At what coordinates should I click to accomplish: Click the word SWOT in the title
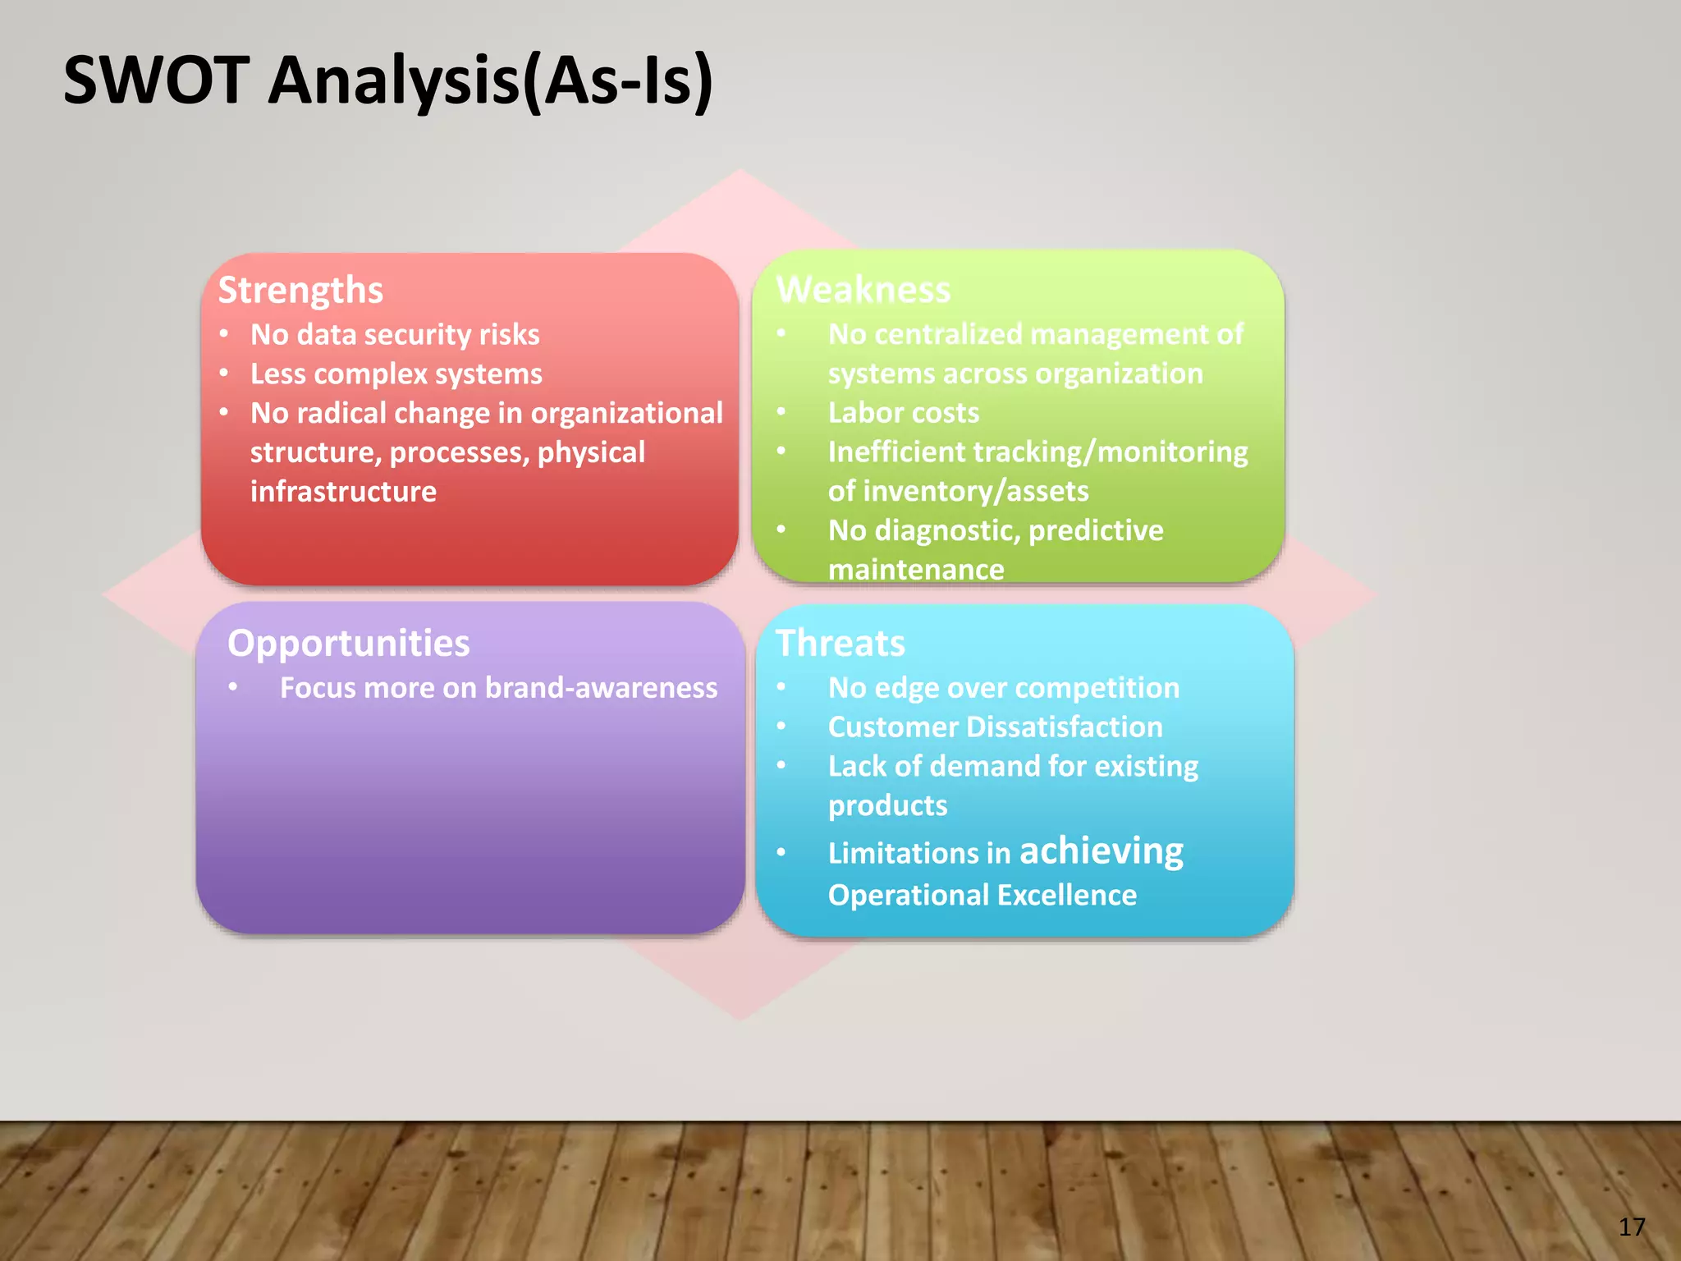click(x=156, y=80)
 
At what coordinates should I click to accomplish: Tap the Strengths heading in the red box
click(x=300, y=291)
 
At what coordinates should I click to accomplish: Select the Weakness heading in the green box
click(x=863, y=290)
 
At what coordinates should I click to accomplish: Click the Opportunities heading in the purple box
click(x=348, y=643)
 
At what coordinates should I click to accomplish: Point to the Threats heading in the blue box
click(x=840, y=643)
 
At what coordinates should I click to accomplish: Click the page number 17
click(x=1632, y=1227)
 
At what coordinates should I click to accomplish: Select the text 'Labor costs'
click(x=903, y=412)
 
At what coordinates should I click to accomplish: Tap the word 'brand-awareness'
click(x=601, y=688)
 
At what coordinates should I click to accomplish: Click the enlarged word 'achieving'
click(x=1101, y=851)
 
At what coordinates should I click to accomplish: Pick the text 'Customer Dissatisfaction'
click(x=995, y=727)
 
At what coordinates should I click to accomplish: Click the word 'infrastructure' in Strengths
click(x=343, y=492)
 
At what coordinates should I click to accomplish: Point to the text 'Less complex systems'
click(x=396, y=374)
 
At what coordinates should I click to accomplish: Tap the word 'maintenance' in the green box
click(x=916, y=569)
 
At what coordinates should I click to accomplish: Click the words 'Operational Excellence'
click(x=982, y=895)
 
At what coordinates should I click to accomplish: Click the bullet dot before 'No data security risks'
click(x=224, y=334)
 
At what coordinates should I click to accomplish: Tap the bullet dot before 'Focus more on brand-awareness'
click(x=234, y=687)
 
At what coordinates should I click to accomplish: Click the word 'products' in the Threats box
click(x=887, y=805)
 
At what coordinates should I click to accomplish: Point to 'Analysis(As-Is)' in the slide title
click(x=491, y=80)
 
